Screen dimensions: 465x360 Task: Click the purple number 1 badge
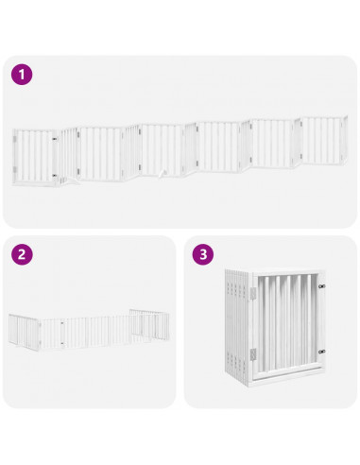click(21, 74)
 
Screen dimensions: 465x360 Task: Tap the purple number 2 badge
click(21, 254)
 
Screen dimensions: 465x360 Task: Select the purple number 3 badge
click(202, 254)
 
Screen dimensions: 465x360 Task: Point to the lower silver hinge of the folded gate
click(251, 356)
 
